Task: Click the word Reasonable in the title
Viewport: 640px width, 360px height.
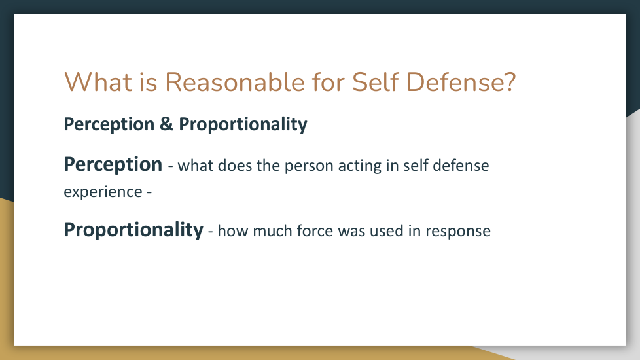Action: point(235,82)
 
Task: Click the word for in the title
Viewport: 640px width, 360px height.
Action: point(328,82)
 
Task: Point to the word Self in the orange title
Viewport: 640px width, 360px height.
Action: point(375,82)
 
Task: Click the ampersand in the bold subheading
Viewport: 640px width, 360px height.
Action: point(166,124)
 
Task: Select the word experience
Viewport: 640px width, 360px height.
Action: point(103,192)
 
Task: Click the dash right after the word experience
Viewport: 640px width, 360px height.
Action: point(149,192)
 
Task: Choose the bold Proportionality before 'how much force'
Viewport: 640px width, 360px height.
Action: point(133,230)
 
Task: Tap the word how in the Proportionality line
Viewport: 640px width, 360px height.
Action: point(233,231)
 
